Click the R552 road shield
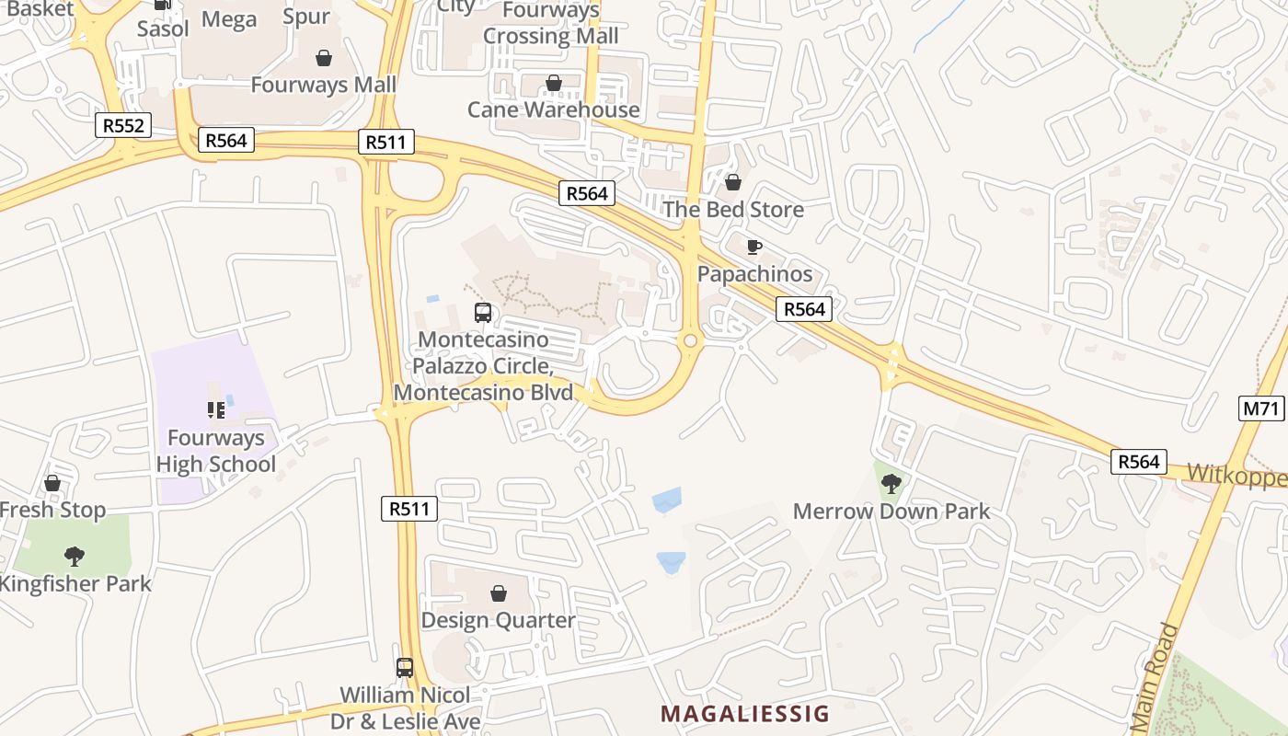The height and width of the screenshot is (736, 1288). click(123, 125)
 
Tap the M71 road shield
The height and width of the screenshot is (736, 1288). click(1261, 408)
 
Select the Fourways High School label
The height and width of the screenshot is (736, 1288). click(216, 451)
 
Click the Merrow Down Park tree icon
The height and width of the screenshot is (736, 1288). click(891, 483)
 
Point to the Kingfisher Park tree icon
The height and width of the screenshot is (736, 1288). click(75, 556)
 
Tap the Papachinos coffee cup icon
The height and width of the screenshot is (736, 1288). click(754, 247)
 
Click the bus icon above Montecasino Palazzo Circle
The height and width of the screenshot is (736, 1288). click(483, 312)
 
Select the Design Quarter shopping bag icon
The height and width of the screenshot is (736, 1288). click(498, 593)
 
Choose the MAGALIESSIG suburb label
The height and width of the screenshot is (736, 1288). click(745, 714)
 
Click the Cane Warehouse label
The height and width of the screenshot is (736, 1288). click(554, 109)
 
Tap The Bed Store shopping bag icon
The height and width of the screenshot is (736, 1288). click(733, 182)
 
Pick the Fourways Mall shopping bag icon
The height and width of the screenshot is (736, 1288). click(324, 58)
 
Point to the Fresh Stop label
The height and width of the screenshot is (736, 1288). click(52, 510)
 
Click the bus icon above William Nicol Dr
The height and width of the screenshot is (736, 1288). click(405, 668)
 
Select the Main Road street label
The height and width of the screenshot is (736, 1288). click(1155, 676)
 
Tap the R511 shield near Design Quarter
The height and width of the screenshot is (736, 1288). click(408, 508)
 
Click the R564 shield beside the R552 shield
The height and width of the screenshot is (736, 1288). click(226, 140)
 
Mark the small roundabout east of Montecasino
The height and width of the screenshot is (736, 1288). click(689, 341)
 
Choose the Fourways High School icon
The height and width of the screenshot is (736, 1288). click(216, 410)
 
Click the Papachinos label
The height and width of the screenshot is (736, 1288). click(754, 274)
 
